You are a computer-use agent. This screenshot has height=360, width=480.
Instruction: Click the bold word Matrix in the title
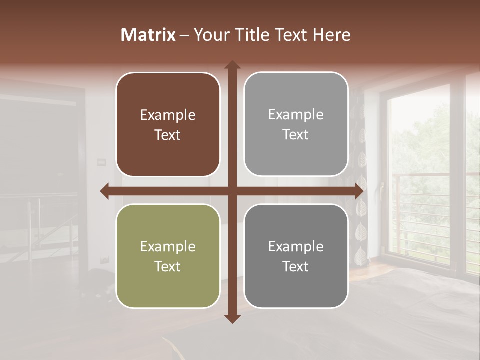148,35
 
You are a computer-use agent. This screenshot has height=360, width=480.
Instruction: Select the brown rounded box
168,124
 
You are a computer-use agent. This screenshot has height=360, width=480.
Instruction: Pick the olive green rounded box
168,256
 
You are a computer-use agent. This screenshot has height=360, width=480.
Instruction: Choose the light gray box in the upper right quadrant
296,124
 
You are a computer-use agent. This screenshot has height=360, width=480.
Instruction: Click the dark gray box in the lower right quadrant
296,256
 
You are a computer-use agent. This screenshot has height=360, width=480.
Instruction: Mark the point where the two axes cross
232,191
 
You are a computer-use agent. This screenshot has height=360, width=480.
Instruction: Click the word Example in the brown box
168,115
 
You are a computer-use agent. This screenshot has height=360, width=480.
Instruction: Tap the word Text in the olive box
168,266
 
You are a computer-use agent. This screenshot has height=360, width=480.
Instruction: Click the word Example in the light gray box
296,115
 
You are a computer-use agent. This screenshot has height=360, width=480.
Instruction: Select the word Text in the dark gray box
296,266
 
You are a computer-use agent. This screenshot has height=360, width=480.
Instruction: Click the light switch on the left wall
101,161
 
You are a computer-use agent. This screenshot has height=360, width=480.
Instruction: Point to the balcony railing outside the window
430,210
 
